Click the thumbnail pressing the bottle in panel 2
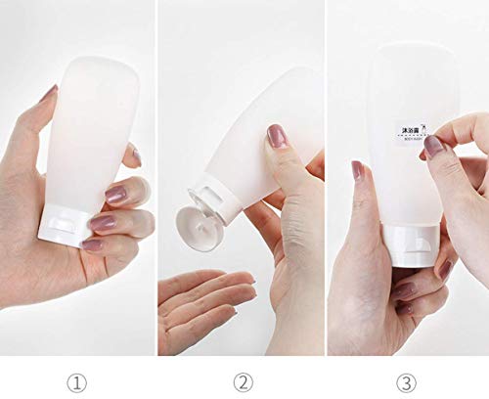pyautogui.click(x=278, y=136)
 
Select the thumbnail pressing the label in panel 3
pyautogui.click(x=434, y=147)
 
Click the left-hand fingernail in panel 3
pyautogui.click(x=359, y=168)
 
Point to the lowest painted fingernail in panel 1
pyautogui.click(x=93, y=245)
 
